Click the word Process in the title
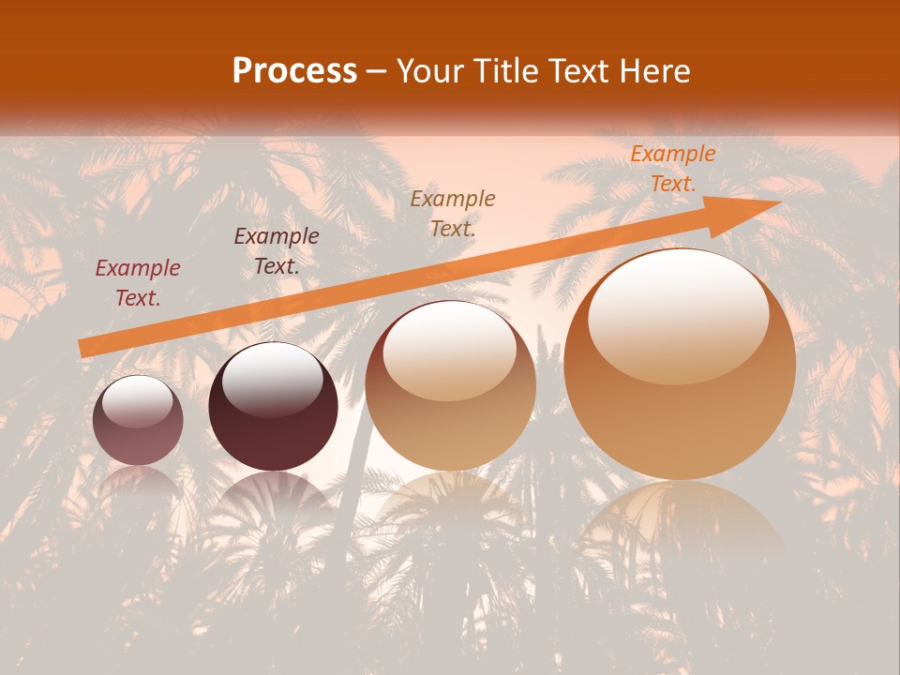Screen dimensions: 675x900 [x=294, y=71]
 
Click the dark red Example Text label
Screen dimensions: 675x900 [x=138, y=283]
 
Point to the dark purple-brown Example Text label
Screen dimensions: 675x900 [x=277, y=251]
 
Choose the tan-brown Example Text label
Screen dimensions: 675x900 [x=453, y=213]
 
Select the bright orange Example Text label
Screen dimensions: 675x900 [x=672, y=169]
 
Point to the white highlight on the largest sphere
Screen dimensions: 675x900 [x=678, y=314]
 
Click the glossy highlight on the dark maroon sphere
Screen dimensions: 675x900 [x=272, y=380]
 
